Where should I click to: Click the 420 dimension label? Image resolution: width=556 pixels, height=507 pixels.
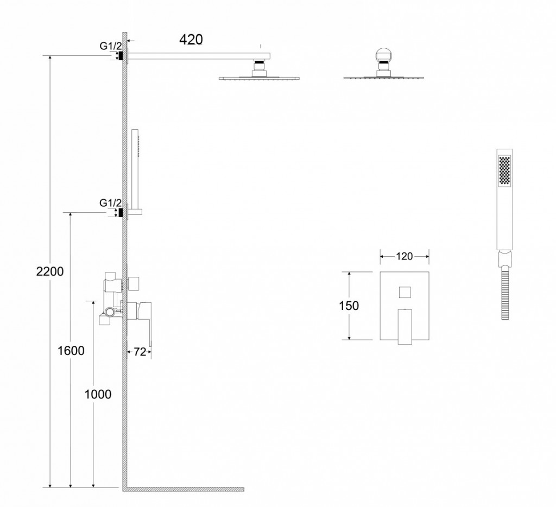(191, 39)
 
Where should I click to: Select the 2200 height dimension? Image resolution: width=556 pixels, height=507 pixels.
(50, 271)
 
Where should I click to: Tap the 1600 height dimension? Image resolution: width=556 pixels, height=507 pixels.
(71, 351)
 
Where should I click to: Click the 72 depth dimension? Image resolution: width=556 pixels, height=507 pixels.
(140, 352)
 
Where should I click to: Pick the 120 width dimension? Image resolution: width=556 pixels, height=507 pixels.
(404, 256)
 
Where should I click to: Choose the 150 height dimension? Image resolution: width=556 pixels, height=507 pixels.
(349, 305)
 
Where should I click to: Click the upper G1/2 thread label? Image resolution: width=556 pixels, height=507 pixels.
(110, 46)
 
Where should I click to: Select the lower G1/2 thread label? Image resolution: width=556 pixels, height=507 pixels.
(110, 203)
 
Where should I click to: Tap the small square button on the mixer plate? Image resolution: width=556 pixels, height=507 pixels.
(405, 293)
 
